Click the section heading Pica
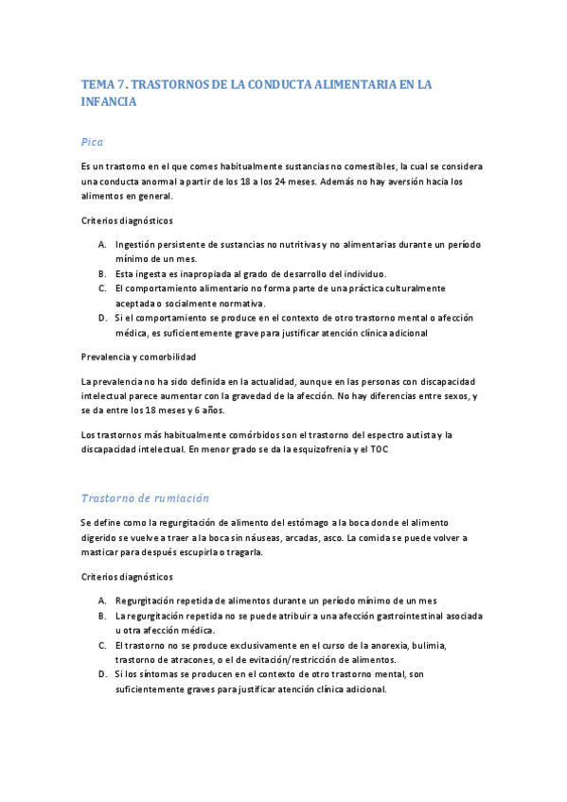[x=92, y=142]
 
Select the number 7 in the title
[x=119, y=85]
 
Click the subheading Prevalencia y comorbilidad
[x=139, y=357]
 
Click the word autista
[x=412, y=435]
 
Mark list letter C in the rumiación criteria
[x=101, y=646]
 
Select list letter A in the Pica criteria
[x=101, y=244]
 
